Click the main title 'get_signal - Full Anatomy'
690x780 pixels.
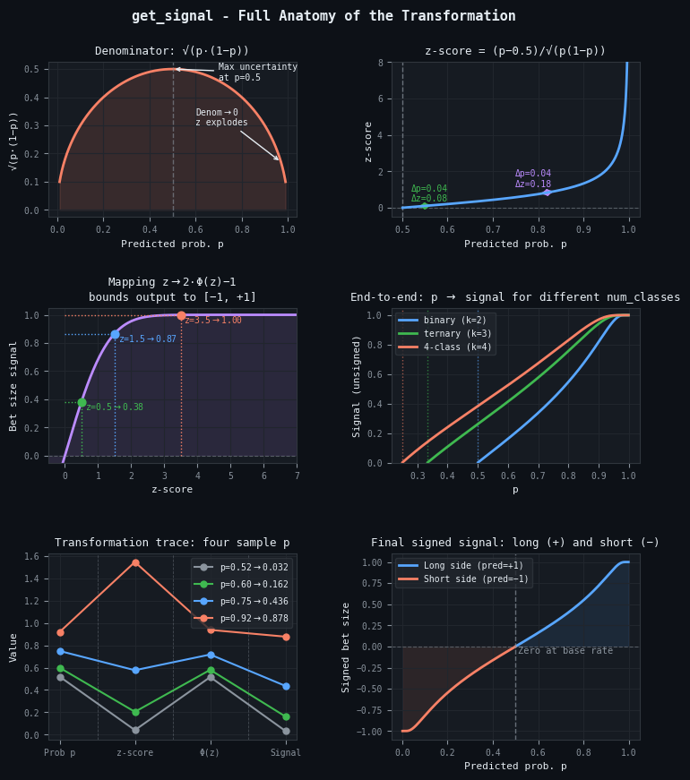pyautogui.click(x=323, y=16)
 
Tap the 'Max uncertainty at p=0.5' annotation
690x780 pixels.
pyautogui.click(x=257, y=72)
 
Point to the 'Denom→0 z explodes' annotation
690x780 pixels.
pyautogui.click(x=221, y=117)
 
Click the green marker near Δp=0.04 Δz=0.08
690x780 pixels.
pyautogui.click(x=425, y=206)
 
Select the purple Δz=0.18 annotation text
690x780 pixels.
pyautogui.click(x=532, y=184)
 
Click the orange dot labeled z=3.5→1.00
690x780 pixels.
pyautogui.click(x=181, y=315)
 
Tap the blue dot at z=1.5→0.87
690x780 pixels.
pyautogui.click(x=115, y=334)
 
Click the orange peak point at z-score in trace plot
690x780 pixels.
pyautogui.click(x=135, y=562)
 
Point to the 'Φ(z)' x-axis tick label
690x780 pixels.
pyautogui.click(x=211, y=753)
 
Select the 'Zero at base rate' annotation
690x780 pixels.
pyautogui.click(x=565, y=650)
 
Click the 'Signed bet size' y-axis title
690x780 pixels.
pyautogui.click(x=346, y=647)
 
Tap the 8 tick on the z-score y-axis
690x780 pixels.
pyautogui.click(x=381, y=63)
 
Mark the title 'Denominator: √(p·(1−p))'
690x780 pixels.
pyautogui.click(x=172, y=51)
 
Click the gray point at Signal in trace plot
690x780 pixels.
pyautogui.click(x=286, y=731)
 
